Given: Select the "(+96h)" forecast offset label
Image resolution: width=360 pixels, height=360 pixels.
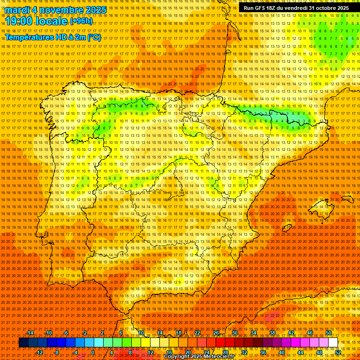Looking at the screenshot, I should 81,22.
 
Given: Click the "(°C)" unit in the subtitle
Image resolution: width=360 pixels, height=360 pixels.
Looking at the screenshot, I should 93,37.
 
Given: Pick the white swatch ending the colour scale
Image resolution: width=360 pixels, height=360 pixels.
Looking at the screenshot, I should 333,343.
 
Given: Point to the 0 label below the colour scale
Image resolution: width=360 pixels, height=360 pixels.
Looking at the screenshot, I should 93,352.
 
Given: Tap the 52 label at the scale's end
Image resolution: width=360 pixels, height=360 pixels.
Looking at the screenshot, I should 338,352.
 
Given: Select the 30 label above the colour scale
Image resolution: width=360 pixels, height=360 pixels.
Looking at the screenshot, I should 234,333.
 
